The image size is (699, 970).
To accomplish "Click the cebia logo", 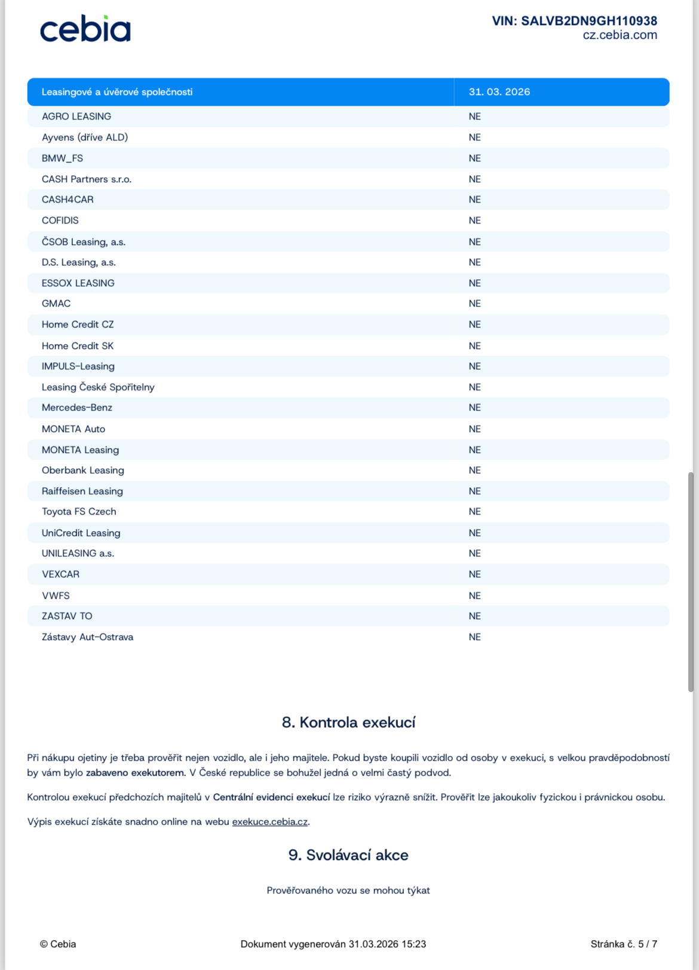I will [x=85, y=29].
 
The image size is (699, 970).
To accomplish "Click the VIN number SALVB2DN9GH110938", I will [x=574, y=21].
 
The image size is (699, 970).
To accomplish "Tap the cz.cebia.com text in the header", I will [x=620, y=35].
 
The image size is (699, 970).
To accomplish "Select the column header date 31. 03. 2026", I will [x=499, y=92].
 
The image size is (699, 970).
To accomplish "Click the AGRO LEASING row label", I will [x=76, y=117].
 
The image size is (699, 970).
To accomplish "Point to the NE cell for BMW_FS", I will [x=474, y=158].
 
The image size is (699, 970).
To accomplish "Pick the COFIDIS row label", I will [x=60, y=221].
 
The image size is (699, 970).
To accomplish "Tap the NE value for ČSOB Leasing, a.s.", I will [x=474, y=242].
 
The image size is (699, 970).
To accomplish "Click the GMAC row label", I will [x=56, y=304].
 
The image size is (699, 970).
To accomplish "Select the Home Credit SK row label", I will [x=78, y=346].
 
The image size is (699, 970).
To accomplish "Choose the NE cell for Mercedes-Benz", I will [x=474, y=408].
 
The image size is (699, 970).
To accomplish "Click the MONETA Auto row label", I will [x=73, y=429].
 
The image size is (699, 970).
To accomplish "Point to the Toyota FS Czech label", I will [x=79, y=512].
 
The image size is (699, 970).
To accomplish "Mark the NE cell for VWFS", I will [x=474, y=596].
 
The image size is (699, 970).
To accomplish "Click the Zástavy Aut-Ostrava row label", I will [x=87, y=637].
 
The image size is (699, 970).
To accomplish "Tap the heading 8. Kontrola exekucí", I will [x=348, y=723].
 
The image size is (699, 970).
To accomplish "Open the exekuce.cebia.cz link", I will [x=270, y=822].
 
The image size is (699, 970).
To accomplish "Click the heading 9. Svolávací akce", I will [x=348, y=855].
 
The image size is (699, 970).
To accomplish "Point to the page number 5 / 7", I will [x=647, y=944].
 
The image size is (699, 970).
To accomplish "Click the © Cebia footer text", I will [x=58, y=944].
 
